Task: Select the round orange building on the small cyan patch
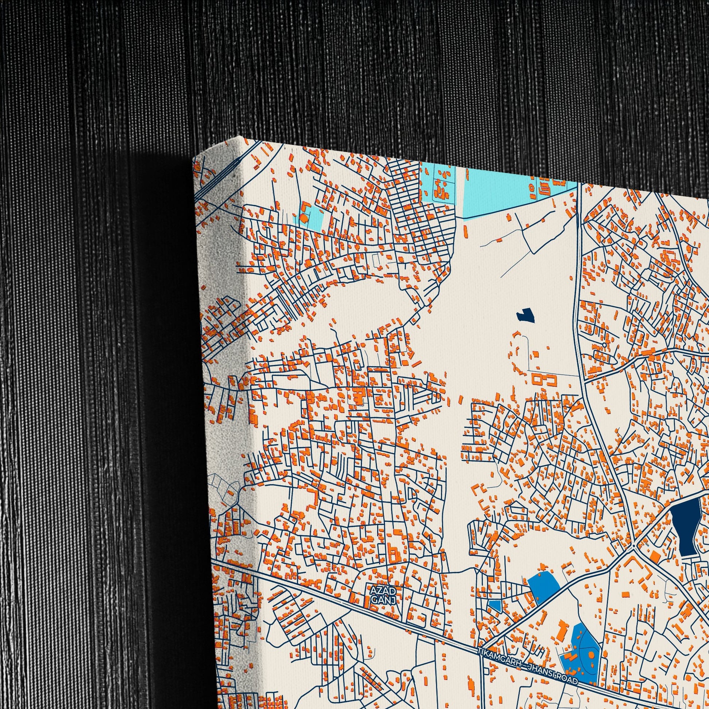pyautogui.click(x=304, y=218)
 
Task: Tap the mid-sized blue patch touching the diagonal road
pyautogui.click(x=543, y=586)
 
